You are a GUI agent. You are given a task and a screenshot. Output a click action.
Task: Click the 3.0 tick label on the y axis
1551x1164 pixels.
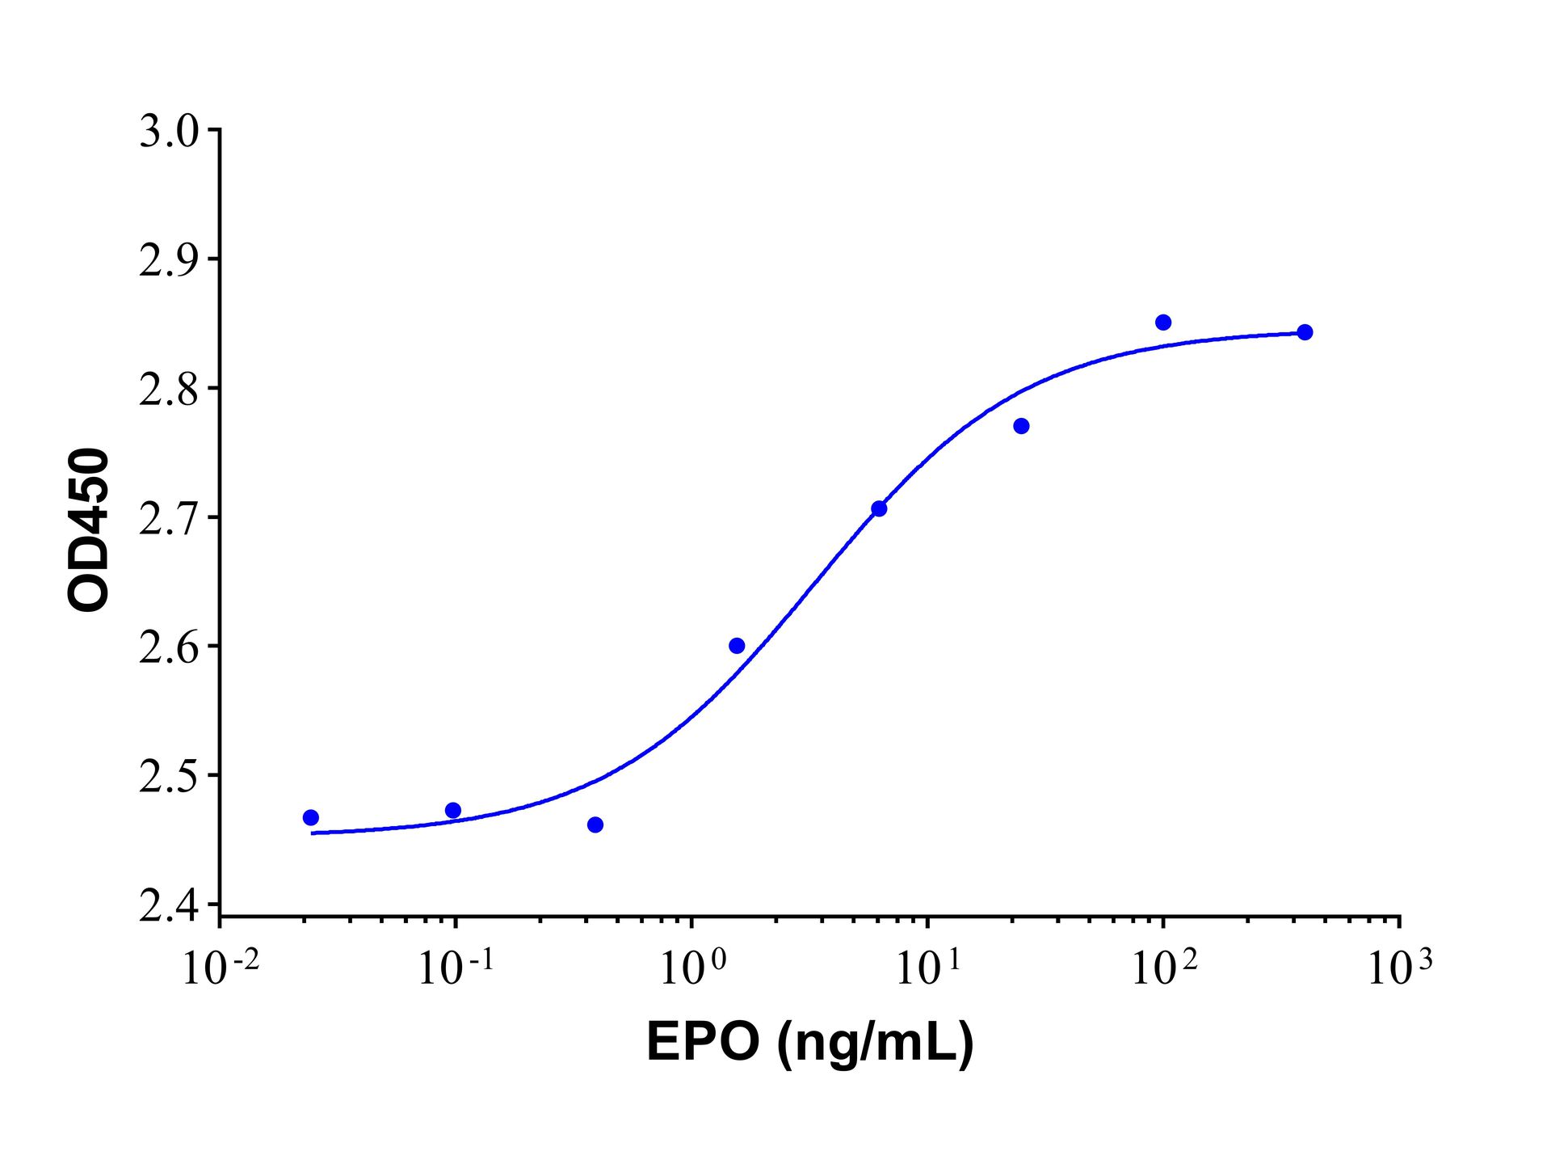pos(168,132)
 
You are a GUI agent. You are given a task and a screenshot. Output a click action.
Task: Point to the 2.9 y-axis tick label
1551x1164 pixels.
pos(168,261)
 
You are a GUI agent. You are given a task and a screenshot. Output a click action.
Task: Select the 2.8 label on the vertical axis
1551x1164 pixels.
pos(168,390)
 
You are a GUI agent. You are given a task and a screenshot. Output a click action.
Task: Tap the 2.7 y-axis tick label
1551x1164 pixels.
pos(168,520)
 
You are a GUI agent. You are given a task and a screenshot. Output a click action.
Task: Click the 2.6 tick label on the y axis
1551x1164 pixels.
pos(168,648)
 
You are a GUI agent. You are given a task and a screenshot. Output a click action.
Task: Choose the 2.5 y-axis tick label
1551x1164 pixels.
pos(168,778)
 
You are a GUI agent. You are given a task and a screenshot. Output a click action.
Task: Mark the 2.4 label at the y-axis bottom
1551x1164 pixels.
pos(168,907)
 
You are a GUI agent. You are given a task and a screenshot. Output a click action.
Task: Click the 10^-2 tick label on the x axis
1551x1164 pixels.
pos(221,968)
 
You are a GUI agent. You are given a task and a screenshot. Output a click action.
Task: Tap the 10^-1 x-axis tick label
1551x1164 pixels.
pos(456,968)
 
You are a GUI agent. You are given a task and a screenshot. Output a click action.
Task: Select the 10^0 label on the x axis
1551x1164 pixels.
pos(692,968)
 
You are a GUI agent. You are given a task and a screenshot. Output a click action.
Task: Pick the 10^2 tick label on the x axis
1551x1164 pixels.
pos(1164,968)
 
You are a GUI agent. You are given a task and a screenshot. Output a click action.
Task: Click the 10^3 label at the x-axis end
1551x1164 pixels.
pos(1399,968)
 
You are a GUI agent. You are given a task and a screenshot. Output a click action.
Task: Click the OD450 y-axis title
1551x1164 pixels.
pos(88,529)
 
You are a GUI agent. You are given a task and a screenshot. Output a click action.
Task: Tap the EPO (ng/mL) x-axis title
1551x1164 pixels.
pos(810,1042)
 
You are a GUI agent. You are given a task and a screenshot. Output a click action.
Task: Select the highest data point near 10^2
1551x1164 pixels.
pos(1163,323)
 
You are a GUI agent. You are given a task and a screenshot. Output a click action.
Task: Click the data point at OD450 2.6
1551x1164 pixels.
pos(737,646)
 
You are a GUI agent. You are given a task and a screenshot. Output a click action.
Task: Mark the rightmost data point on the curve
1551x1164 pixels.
pos(1305,332)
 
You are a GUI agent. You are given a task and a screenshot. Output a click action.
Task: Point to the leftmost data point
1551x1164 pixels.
pos(311,818)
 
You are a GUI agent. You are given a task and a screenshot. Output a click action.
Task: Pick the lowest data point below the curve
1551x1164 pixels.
pos(595,825)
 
